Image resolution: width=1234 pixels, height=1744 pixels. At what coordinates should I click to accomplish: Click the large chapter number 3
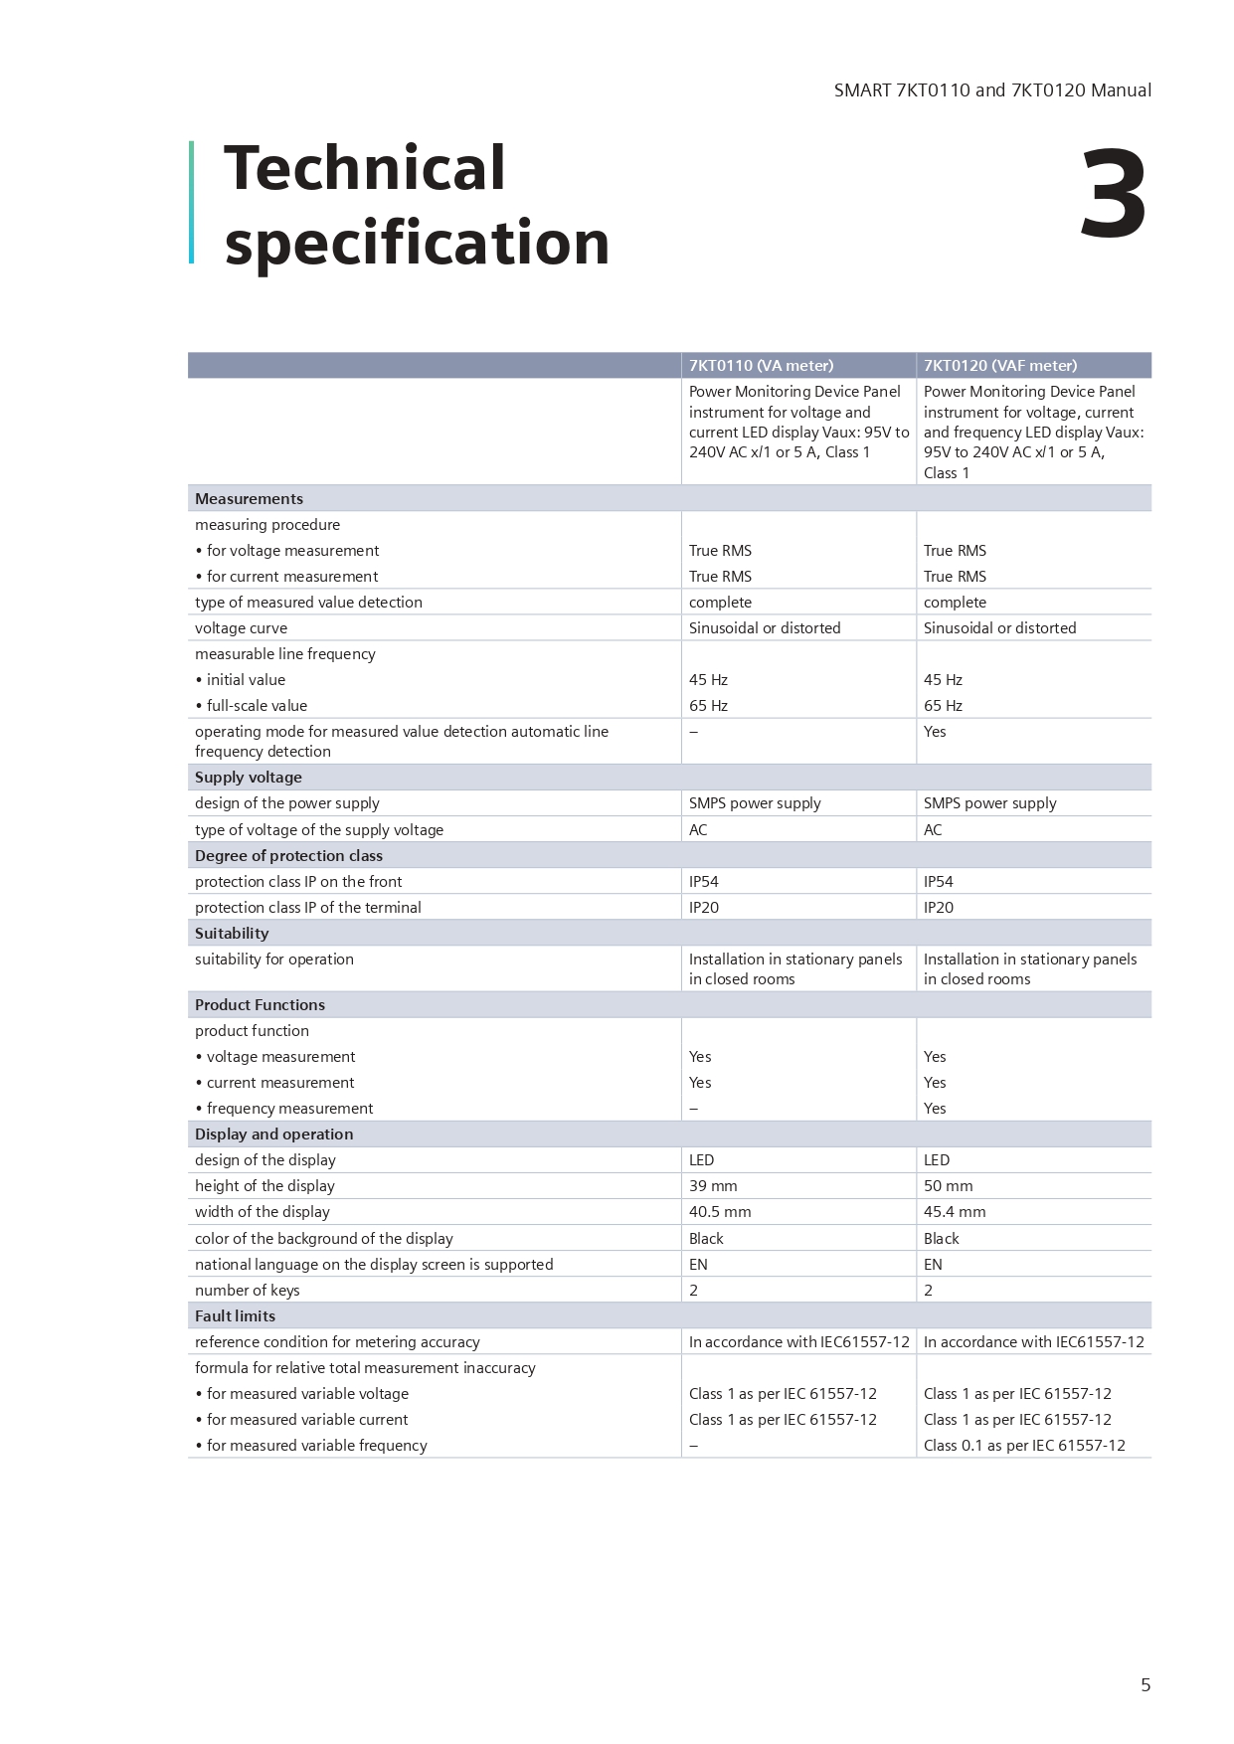pyautogui.click(x=1113, y=195)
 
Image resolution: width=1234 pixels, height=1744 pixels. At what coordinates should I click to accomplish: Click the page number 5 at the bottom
pyautogui.click(x=1146, y=1684)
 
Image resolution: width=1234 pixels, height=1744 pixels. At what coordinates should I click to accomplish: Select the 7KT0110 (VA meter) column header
pyautogui.click(x=761, y=365)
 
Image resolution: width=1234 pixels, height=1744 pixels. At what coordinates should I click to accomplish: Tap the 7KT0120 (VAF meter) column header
pyautogui.click(x=999, y=365)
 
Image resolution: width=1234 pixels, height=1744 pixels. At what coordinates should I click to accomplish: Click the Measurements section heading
pyautogui.click(x=249, y=498)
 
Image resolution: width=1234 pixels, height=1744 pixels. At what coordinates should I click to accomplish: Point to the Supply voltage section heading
pyautogui.click(x=248, y=777)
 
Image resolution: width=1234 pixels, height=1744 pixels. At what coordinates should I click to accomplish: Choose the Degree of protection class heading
pyautogui.click(x=288, y=855)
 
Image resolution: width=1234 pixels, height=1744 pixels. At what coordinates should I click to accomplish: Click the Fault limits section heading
pyautogui.click(x=235, y=1315)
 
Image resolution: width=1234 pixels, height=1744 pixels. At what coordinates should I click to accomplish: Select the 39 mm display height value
pyautogui.click(x=713, y=1185)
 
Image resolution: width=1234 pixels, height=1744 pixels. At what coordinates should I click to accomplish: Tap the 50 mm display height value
pyautogui.click(x=948, y=1185)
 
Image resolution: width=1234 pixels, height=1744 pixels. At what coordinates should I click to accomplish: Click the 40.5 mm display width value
pyautogui.click(x=720, y=1211)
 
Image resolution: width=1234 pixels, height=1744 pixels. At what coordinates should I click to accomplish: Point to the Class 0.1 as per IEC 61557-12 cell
pyautogui.click(x=1024, y=1445)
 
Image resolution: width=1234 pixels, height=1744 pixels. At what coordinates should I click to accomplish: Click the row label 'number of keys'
pyautogui.click(x=247, y=1290)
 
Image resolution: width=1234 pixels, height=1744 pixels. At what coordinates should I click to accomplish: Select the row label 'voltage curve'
pyautogui.click(x=241, y=627)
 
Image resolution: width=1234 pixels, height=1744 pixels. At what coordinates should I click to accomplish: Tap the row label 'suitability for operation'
pyautogui.click(x=273, y=959)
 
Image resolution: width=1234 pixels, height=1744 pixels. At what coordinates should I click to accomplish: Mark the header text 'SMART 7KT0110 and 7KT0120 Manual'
pyautogui.click(x=992, y=90)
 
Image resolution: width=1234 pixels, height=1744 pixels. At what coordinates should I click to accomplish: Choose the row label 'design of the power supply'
pyautogui.click(x=286, y=802)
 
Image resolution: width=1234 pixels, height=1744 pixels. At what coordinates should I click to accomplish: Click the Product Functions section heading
pyautogui.click(x=260, y=1004)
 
